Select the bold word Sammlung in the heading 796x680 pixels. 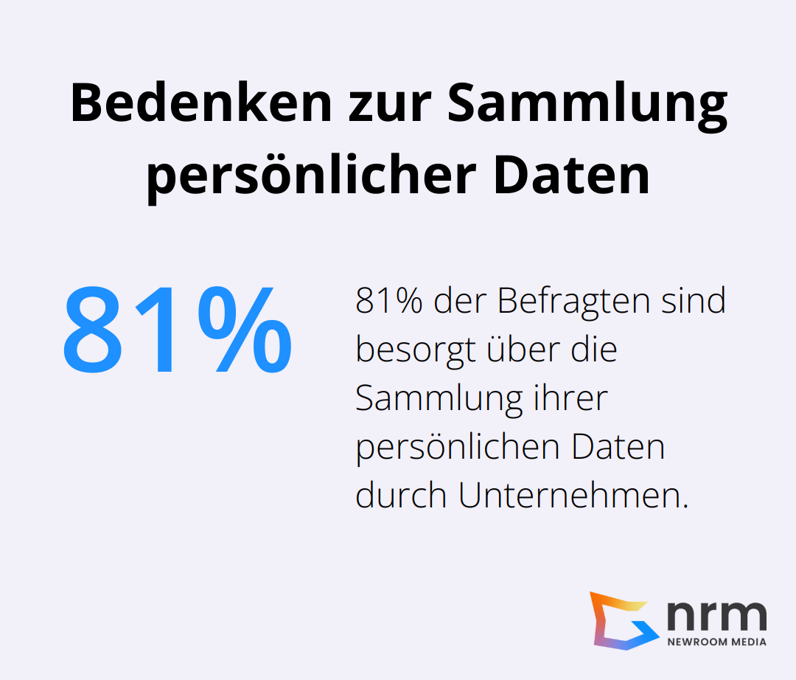coord(587,104)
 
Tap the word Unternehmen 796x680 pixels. coord(572,496)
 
